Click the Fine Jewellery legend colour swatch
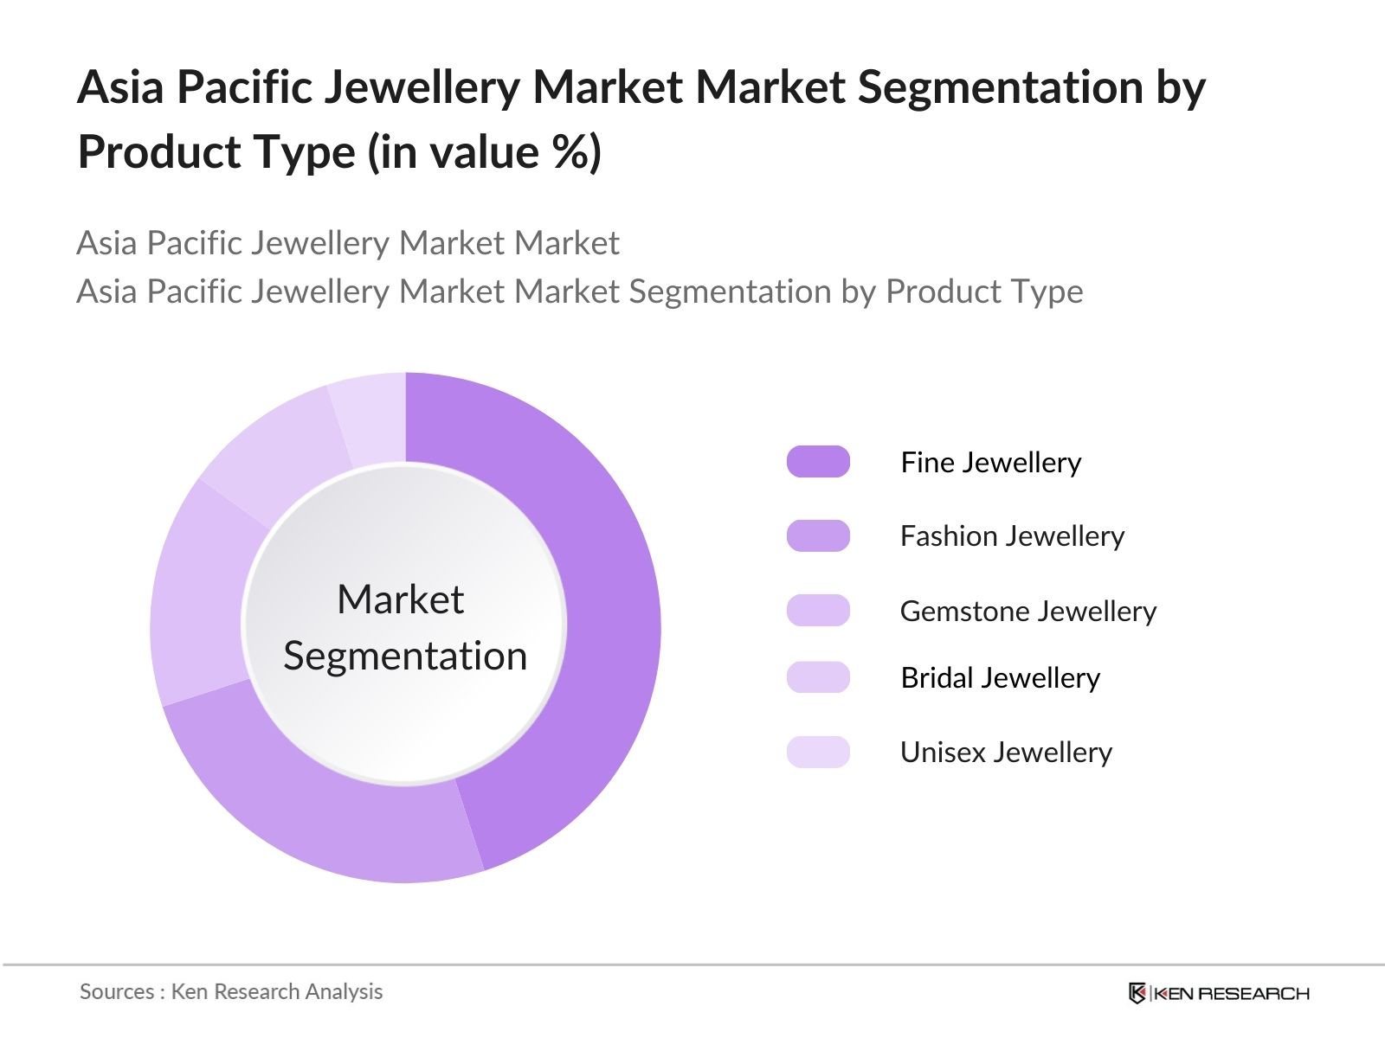coord(818,462)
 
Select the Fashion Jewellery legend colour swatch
coord(818,535)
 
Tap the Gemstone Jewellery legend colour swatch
coord(818,610)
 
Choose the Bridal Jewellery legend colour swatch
coord(818,677)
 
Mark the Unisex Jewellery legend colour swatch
coord(818,752)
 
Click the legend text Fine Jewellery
coord(990,463)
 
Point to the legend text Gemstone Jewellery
coord(1027,612)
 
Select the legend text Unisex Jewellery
coord(1006,753)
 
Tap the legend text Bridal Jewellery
coord(1000,678)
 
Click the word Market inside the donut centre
coord(400,599)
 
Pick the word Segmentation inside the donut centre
coord(405,656)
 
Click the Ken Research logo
coord(1219,993)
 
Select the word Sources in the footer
coord(117,991)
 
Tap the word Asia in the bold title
coord(120,87)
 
